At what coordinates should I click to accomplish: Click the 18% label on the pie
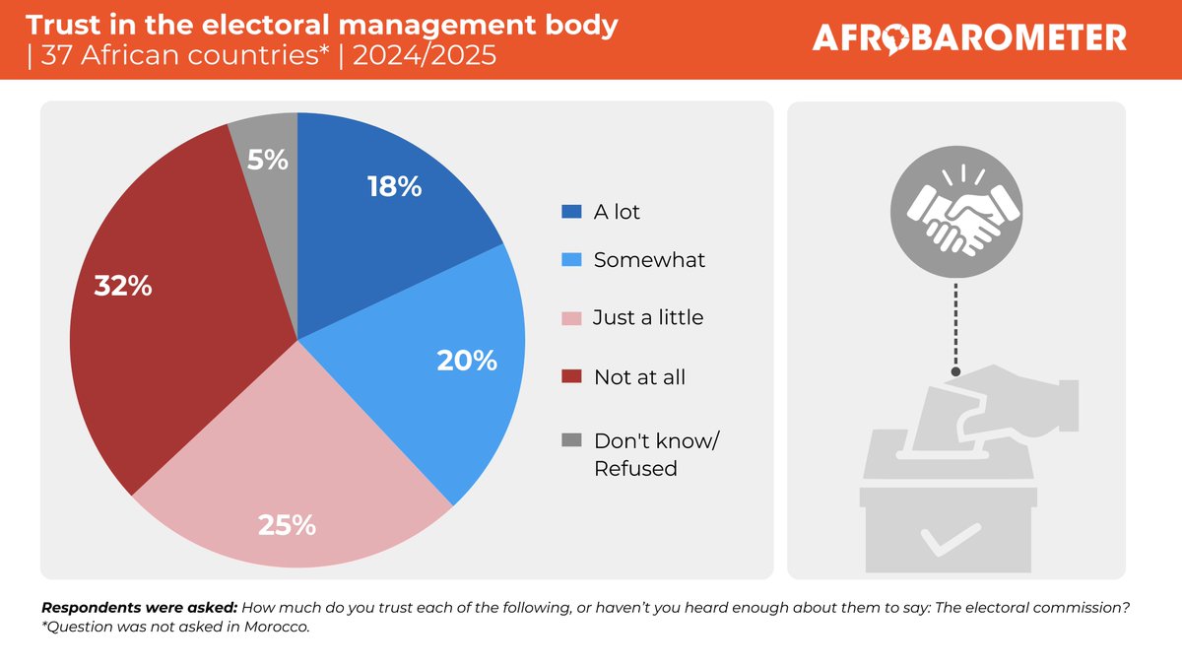[x=394, y=186]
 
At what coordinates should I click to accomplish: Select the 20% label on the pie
[x=467, y=361]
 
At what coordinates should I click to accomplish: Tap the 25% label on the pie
[x=287, y=525]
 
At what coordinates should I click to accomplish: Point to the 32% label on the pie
[x=123, y=287]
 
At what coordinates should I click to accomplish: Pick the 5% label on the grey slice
[x=268, y=159]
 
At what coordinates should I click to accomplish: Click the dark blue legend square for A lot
[x=571, y=212]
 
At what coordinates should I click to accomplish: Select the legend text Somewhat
[x=649, y=260]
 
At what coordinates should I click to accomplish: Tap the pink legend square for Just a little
[x=571, y=318]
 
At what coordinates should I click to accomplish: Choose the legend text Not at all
[x=639, y=376]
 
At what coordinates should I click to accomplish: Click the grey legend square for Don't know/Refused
[x=571, y=439]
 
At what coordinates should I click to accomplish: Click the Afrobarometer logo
[x=969, y=38]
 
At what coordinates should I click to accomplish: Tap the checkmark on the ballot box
[x=951, y=538]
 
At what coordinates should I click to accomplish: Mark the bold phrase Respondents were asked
[x=138, y=609]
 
